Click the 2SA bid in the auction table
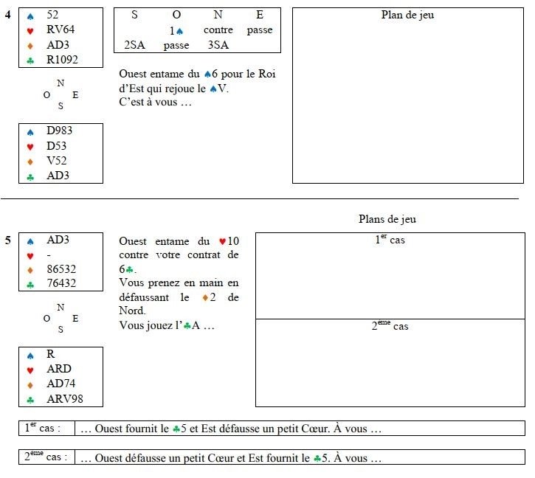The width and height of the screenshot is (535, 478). (x=134, y=45)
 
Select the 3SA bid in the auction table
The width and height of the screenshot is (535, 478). (x=218, y=45)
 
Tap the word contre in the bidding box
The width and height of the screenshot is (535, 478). (x=218, y=30)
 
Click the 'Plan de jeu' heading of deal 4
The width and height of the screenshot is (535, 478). (x=407, y=15)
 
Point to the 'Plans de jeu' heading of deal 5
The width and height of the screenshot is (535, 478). (x=387, y=218)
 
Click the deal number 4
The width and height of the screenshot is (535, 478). (x=8, y=14)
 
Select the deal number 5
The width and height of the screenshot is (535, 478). (x=8, y=240)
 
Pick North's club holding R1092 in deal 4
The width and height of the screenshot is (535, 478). (x=62, y=59)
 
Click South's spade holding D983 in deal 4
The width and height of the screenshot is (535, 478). (x=59, y=131)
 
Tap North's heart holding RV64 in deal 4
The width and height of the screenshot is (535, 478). (x=61, y=30)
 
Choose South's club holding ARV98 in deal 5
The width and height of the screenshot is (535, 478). (x=65, y=398)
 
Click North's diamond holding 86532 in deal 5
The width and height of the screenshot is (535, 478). (x=61, y=269)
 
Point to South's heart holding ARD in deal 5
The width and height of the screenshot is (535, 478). (x=59, y=369)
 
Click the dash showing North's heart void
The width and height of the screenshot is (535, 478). (x=49, y=255)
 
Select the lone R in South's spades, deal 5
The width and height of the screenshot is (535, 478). (x=50, y=354)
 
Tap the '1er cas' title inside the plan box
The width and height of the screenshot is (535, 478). (x=390, y=239)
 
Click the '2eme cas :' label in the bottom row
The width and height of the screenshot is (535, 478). (x=46, y=457)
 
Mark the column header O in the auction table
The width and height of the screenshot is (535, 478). (x=176, y=15)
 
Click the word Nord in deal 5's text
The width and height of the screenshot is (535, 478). (x=132, y=311)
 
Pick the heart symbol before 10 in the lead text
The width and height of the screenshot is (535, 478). (x=222, y=241)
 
